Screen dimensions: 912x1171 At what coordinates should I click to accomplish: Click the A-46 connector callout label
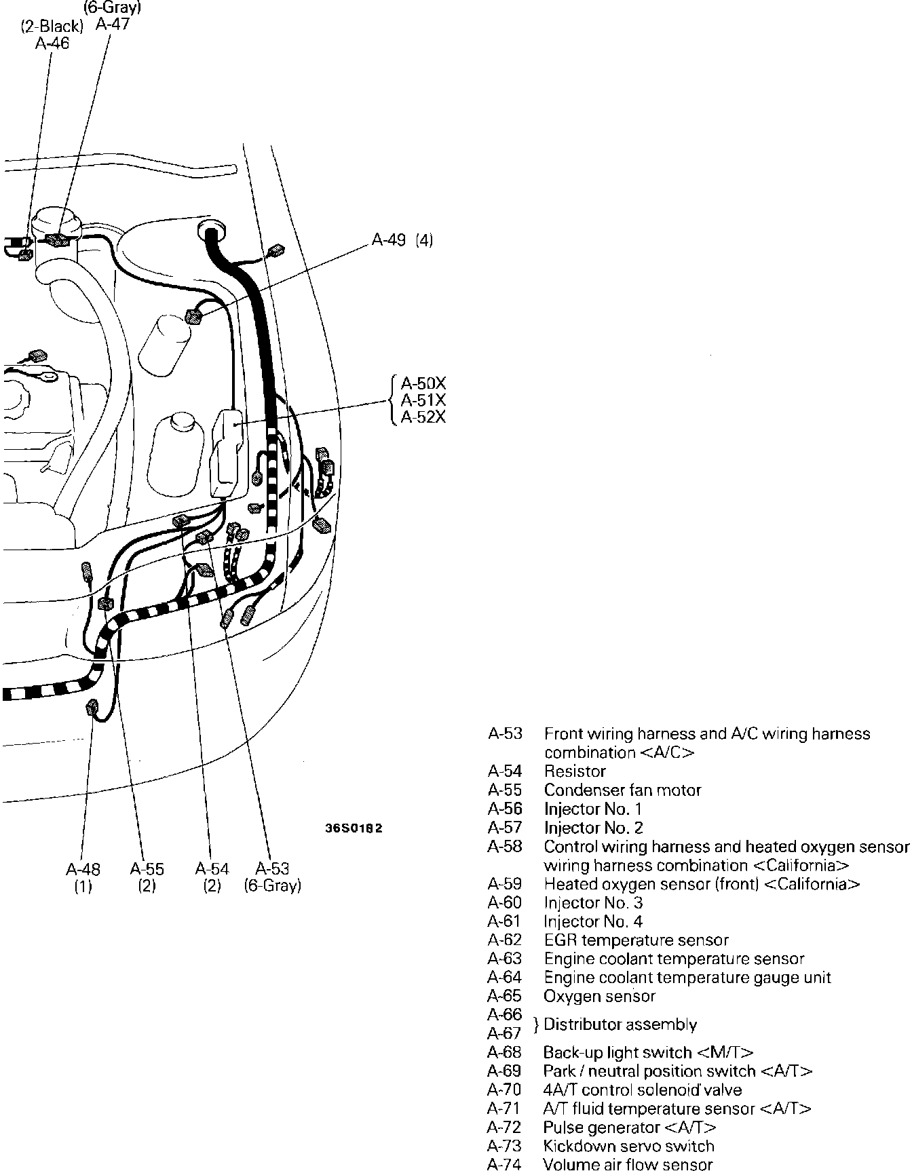click(52, 44)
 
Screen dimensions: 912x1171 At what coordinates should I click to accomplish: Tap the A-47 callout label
click(113, 24)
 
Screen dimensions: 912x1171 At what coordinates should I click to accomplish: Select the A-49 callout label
click(389, 240)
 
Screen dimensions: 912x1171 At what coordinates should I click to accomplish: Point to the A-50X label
click(423, 382)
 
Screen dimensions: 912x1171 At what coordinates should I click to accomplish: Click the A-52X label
click(423, 417)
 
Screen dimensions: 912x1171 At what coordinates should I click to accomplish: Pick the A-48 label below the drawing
click(83, 869)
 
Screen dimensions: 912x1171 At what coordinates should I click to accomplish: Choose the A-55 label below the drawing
click(147, 869)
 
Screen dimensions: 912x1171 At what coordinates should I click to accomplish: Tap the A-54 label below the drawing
click(212, 869)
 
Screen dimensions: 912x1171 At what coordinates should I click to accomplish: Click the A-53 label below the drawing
click(273, 869)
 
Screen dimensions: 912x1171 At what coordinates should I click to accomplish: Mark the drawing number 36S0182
click(354, 828)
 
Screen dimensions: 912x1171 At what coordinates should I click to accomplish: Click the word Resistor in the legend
click(575, 771)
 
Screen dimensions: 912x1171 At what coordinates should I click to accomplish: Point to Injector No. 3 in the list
click(593, 903)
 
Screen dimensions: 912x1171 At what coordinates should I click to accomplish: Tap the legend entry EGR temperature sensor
click(636, 940)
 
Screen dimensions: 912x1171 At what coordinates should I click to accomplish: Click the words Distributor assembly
click(620, 1024)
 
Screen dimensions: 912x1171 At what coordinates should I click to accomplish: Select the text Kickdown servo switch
click(629, 1147)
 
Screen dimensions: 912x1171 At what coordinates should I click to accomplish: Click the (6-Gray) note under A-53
click(273, 886)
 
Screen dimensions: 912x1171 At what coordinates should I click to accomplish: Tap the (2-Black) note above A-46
click(52, 28)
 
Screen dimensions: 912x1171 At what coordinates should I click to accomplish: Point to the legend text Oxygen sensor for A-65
click(600, 997)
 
